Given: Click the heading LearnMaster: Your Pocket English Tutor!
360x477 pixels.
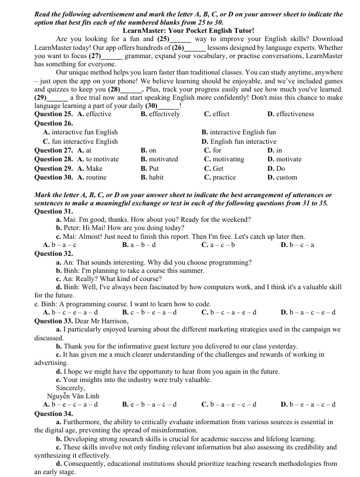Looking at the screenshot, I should pyautogui.click(x=188, y=30).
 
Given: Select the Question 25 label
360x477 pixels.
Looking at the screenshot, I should pyautogui.click(x=54, y=114).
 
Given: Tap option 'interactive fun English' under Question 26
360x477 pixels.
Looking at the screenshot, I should pyautogui.click(x=80, y=132).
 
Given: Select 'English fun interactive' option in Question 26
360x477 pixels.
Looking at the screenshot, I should pyautogui.click(x=239, y=141).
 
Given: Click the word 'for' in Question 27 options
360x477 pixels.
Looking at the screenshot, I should pyautogui.click(x=213, y=150).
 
